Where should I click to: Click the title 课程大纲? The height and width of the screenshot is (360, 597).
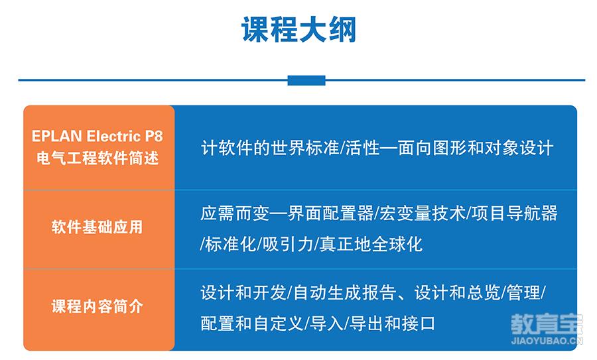[x=299, y=30]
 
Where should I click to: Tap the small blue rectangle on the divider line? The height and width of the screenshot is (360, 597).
[x=306, y=80]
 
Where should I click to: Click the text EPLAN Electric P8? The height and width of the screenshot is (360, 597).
[x=98, y=136]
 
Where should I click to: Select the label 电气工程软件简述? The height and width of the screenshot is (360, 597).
[x=98, y=158]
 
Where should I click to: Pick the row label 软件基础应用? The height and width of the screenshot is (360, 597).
[x=98, y=227]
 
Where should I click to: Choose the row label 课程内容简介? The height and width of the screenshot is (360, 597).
[x=98, y=306]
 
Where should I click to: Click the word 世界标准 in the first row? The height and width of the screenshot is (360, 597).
[x=304, y=148]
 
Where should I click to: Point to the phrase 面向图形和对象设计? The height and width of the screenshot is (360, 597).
[x=475, y=148]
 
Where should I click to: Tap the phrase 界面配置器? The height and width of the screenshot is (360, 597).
[x=330, y=213]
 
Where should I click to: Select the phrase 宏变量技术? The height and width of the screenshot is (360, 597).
[x=423, y=213]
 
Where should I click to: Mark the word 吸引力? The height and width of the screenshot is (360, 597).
[x=288, y=244]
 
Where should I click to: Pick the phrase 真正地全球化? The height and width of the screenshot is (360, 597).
[x=371, y=244]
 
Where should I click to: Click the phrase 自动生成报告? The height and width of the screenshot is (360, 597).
[x=345, y=293]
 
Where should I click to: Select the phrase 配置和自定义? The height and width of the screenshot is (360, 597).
[x=252, y=324]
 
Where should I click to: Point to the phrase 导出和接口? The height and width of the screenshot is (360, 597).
[x=392, y=324]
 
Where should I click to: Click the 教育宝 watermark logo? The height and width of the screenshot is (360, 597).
[x=547, y=324]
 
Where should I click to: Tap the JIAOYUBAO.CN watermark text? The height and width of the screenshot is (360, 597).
[x=547, y=340]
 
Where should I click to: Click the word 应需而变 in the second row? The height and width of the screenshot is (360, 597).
[x=235, y=213]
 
